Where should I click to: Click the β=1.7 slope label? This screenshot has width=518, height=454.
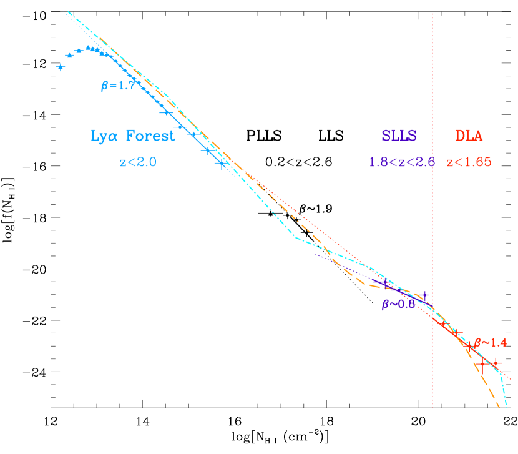118,86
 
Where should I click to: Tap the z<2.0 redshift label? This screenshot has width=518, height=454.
137,162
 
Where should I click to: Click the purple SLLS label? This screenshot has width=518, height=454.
399,136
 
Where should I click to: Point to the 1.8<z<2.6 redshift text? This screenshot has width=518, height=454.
401,162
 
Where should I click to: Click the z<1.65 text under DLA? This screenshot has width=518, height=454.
469,162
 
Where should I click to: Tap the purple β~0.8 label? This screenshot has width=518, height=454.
398,304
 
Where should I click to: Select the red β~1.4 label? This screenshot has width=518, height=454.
490,342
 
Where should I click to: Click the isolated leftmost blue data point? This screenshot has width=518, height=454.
61,67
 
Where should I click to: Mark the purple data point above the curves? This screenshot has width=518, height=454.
425,294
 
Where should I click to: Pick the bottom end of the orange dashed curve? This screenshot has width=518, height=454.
499,408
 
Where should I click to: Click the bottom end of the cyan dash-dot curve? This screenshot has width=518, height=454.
506,407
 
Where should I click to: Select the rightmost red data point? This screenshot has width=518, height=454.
494,362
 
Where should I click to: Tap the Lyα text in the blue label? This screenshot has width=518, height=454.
104,136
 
